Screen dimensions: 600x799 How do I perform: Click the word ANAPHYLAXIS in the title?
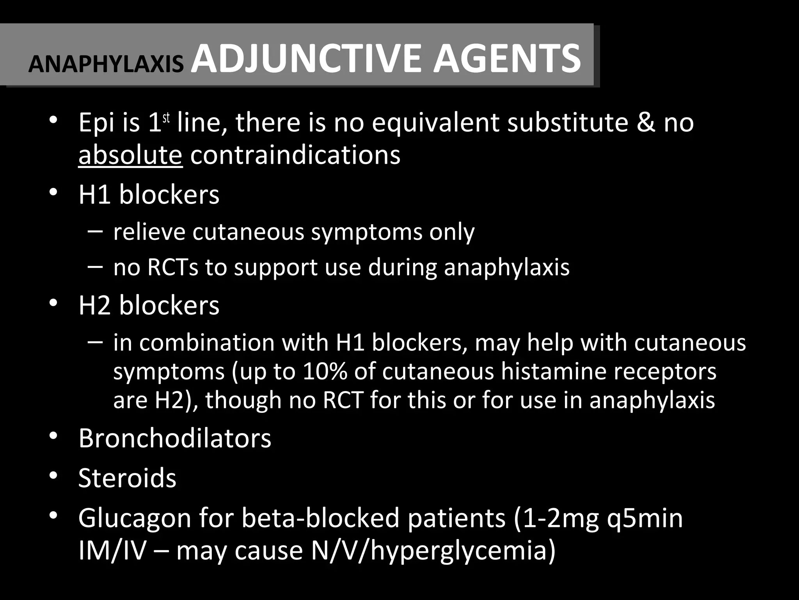[106, 64]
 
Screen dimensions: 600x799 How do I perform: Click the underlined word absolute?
[130, 155]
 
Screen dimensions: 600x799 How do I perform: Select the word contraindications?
[295, 155]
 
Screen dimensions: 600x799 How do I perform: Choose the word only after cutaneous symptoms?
[452, 232]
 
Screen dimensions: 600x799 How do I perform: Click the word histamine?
[554, 371]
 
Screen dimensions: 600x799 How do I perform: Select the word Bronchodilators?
[175, 438]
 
